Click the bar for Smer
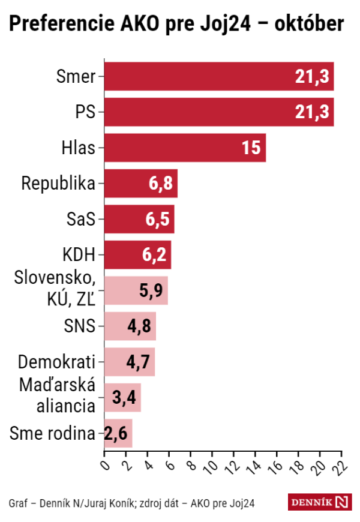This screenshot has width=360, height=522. point(219,76)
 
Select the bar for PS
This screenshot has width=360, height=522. point(219,112)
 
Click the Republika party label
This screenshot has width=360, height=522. point(58,184)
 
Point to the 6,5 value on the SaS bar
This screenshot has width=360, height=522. point(158,220)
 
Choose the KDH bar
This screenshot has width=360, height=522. point(137,255)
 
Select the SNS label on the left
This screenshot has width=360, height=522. point(80,326)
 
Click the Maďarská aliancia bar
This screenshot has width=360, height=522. point(122,398)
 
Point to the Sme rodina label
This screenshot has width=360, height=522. point(53,433)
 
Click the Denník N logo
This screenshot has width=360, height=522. point(319,502)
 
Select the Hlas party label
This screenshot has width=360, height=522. point(79,148)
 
